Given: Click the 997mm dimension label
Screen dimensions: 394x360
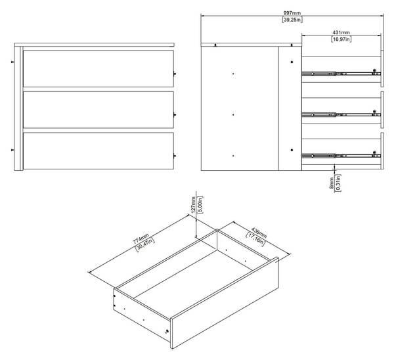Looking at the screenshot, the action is (x=292, y=13).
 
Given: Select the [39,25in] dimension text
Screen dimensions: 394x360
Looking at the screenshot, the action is (x=292, y=20).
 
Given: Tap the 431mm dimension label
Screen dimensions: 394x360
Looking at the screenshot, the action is (x=341, y=32).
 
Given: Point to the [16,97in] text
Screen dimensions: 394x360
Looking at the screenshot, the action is (x=341, y=39).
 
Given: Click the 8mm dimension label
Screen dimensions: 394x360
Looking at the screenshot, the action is (x=332, y=183).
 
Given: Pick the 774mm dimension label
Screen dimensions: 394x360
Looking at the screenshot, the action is (x=141, y=238).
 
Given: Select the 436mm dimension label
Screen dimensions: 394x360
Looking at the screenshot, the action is (x=259, y=233).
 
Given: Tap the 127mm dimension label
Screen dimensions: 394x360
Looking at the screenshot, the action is (x=193, y=205).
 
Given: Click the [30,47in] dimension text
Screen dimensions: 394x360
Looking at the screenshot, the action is (x=145, y=244).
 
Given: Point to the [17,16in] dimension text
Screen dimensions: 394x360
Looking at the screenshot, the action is (x=255, y=239).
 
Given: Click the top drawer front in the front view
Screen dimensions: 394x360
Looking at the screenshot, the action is (x=98, y=68).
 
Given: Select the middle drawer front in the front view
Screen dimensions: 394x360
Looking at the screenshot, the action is (x=98, y=110).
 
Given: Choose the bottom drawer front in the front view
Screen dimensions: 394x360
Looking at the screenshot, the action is (x=98, y=151).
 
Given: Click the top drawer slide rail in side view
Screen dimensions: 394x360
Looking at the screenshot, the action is (x=341, y=74).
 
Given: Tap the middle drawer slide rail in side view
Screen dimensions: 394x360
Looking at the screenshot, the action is (x=341, y=115).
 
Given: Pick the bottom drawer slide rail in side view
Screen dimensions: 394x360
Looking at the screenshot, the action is (x=341, y=156).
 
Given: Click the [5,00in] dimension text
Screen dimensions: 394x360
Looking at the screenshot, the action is (x=200, y=205).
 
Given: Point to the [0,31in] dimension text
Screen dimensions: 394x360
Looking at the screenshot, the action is (x=338, y=183).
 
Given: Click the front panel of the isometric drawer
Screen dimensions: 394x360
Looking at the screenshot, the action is (x=225, y=303).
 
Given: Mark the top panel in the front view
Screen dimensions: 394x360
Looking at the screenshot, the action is (x=94, y=45).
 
